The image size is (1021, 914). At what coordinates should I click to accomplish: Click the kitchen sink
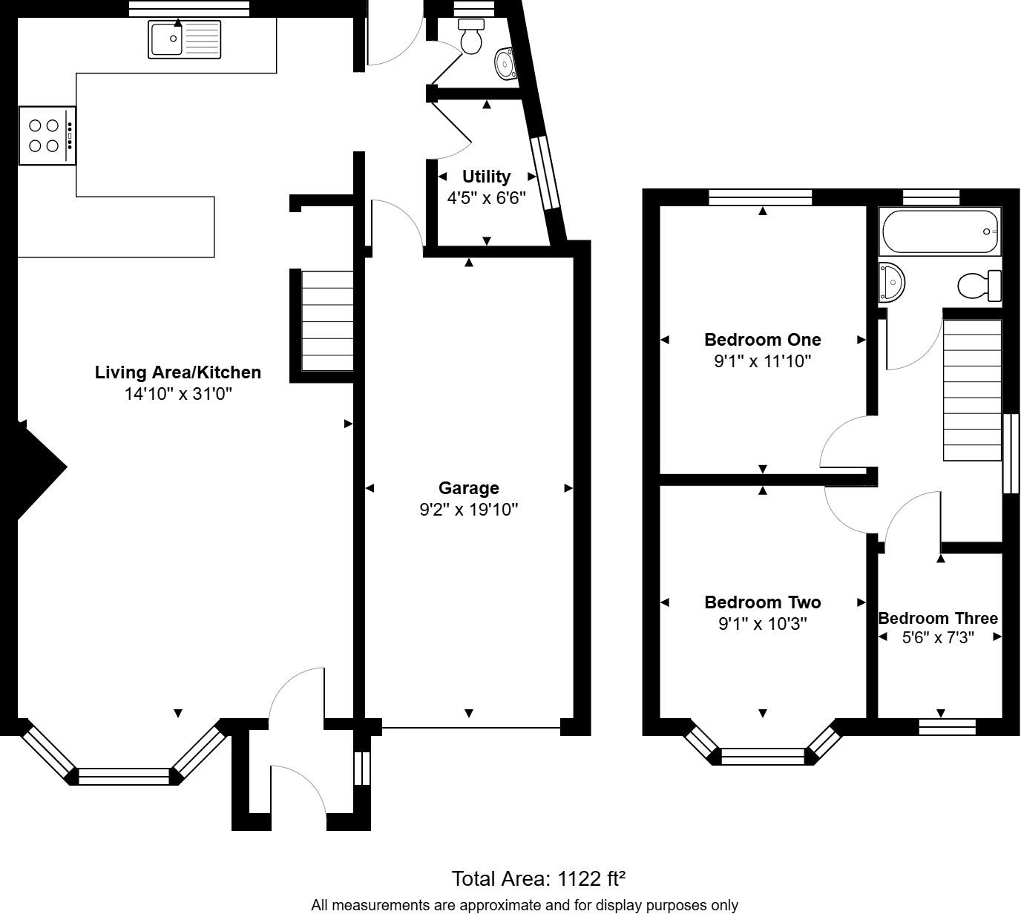click(185, 39)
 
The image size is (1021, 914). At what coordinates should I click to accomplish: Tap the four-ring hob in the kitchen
click(47, 136)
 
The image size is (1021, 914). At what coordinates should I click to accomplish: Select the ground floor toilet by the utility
click(471, 37)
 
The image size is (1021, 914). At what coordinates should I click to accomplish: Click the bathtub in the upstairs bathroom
click(939, 231)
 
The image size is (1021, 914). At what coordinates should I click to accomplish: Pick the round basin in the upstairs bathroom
click(891, 282)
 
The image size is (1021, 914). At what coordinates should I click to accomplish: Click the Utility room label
click(486, 177)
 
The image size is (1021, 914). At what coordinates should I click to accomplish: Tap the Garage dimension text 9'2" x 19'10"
click(468, 510)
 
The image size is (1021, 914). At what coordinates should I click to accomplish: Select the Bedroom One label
click(762, 340)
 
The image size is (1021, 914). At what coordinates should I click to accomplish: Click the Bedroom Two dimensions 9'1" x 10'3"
click(762, 624)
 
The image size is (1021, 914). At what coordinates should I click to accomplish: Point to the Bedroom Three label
click(938, 618)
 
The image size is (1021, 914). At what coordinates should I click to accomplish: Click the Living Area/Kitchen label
click(177, 372)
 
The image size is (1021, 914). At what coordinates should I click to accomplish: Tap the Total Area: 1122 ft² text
click(539, 879)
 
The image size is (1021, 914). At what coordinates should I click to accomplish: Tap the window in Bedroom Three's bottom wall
click(947, 727)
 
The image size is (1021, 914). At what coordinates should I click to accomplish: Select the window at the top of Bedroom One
click(760, 197)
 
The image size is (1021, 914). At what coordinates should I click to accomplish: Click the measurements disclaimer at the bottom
click(524, 905)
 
